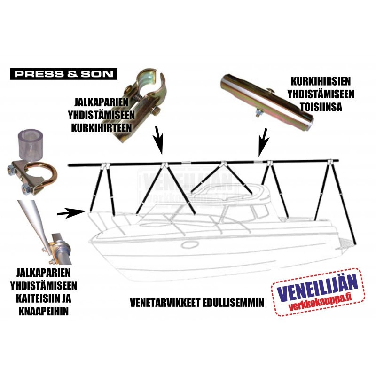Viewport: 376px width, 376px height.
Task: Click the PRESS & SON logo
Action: pyautogui.click(x=63, y=74)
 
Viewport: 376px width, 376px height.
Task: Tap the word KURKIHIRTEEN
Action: pyautogui.click(x=102, y=128)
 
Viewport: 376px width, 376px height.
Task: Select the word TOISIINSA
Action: pyautogui.click(x=321, y=107)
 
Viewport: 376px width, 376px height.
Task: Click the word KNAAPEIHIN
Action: pyautogui.click(x=43, y=312)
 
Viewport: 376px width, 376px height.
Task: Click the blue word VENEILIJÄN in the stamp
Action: pyautogui.click(x=317, y=286)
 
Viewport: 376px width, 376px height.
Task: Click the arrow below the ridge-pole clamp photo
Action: pyautogui.click(x=158, y=140)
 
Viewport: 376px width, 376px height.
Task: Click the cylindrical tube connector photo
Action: pyautogui.click(x=266, y=102)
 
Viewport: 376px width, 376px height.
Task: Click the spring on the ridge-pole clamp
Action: pyautogui.click(x=137, y=99)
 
